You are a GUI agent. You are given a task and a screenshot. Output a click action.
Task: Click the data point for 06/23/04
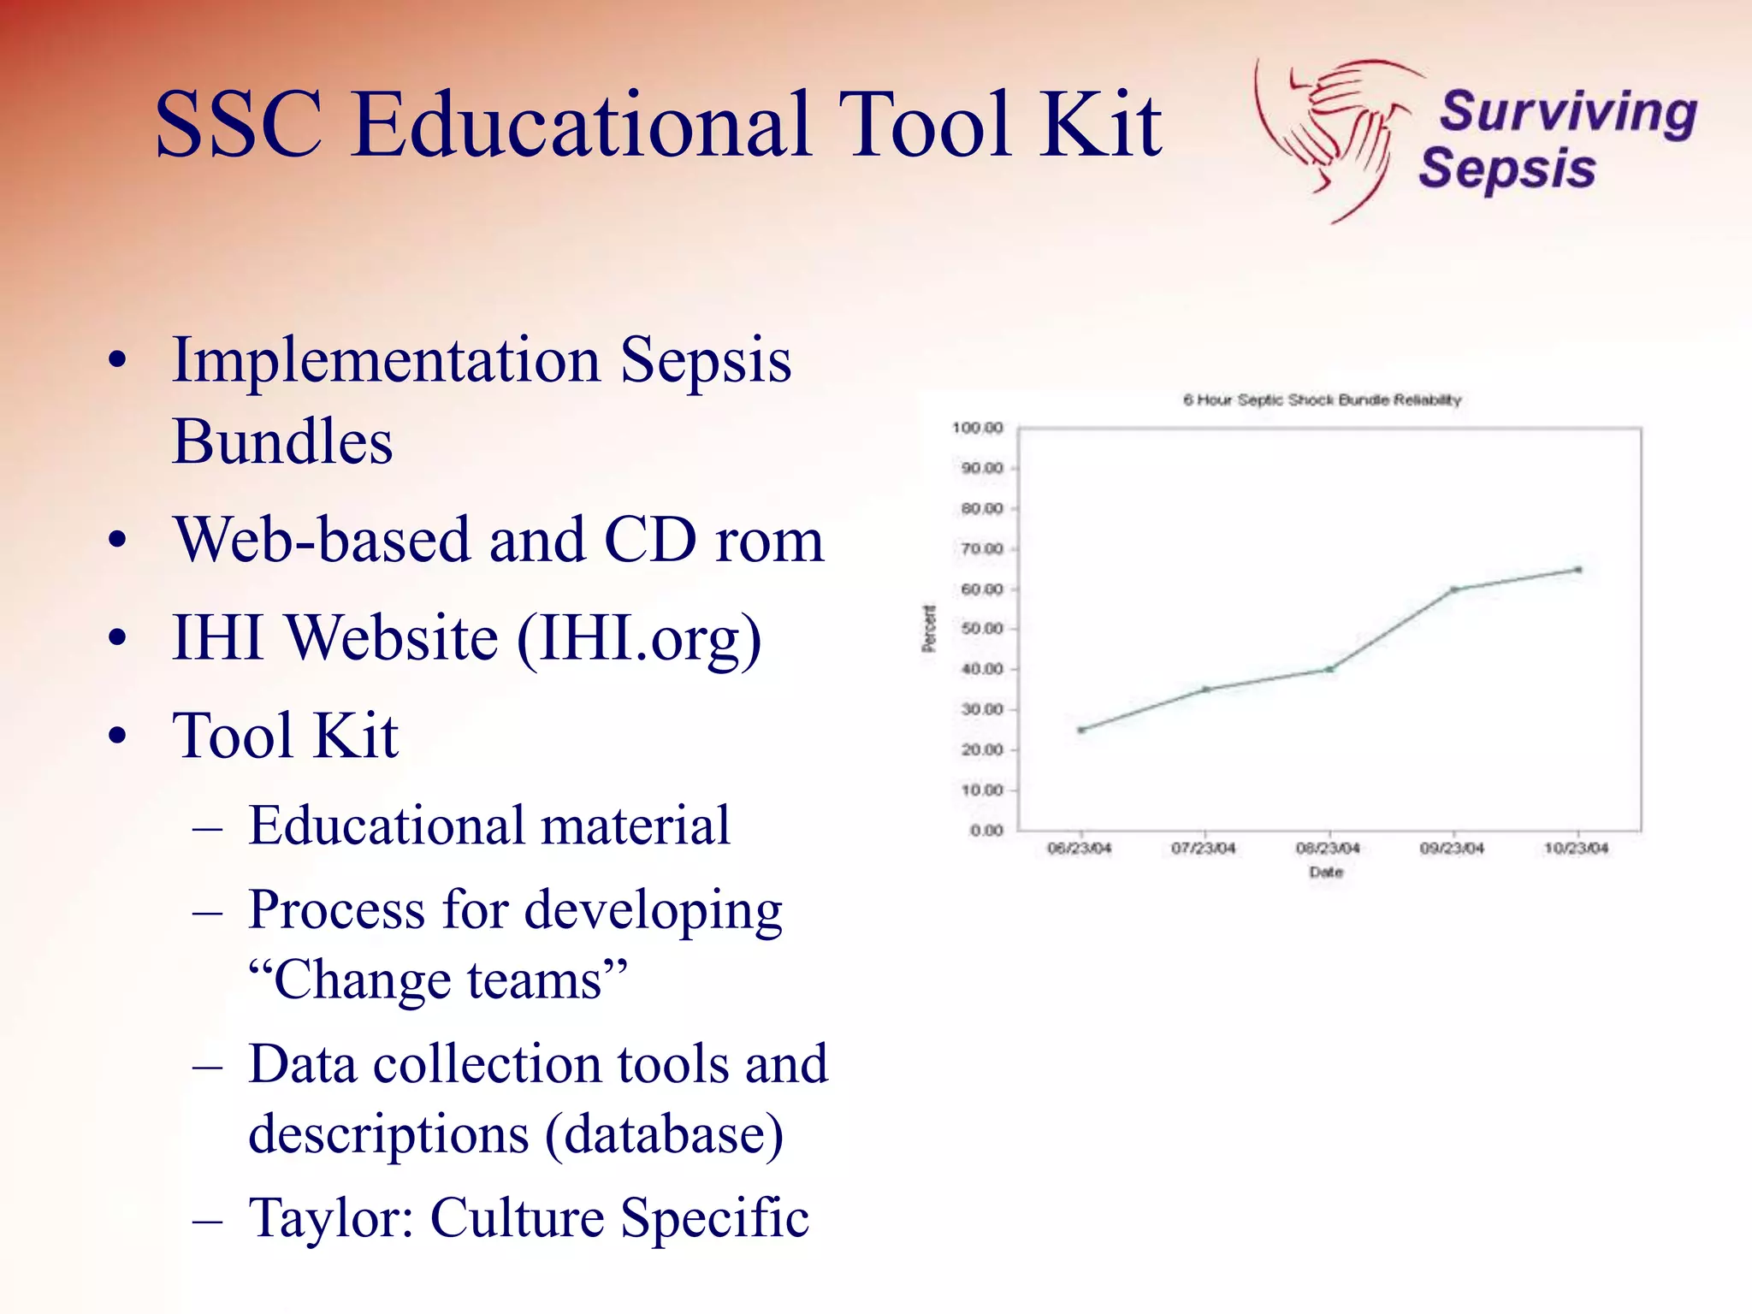[1081, 730]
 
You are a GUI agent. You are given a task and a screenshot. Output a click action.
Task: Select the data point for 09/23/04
[1453, 589]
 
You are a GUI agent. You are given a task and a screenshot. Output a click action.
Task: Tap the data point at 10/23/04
[1578, 569]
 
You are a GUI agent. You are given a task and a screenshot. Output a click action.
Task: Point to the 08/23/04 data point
[1329, 669]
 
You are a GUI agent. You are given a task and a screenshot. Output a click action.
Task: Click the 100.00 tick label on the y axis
[977, 428]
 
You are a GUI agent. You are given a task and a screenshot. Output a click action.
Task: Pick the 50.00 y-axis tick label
[981, 629]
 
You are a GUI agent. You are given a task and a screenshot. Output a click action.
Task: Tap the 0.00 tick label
[986, 831]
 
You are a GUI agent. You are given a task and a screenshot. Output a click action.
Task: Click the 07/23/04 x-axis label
[1204, 849]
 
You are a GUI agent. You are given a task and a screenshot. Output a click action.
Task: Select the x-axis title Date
[1326, 873]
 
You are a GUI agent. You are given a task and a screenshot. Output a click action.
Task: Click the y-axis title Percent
[929, 629]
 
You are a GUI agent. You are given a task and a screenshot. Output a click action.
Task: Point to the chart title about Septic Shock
[1322, 400]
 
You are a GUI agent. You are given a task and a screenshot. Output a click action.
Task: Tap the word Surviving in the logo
[1568, 113]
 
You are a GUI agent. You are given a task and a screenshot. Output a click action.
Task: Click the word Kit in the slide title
[1101, 126]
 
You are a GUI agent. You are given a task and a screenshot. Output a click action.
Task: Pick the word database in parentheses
[663, 1134]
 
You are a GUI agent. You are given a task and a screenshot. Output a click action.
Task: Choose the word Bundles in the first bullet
[282, 442]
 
